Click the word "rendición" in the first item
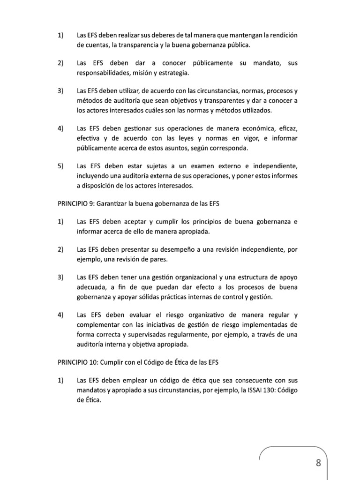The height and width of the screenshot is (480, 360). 282,36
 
